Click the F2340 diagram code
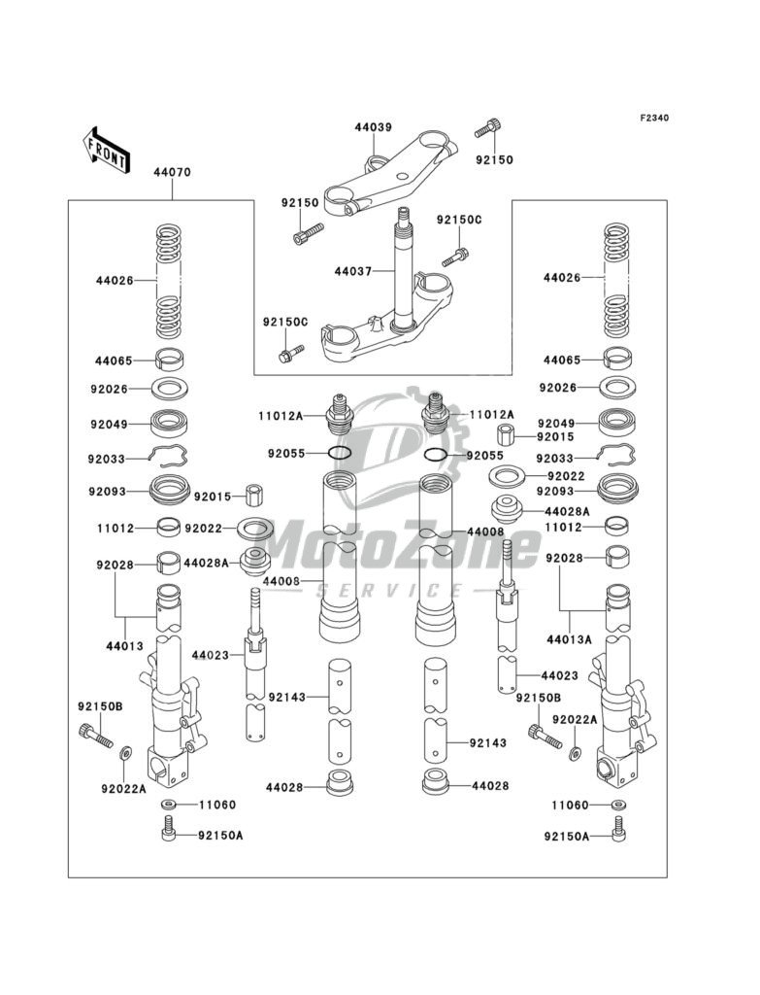tap(654, 118)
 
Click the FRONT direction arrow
tap(106, 150)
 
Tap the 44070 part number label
tap(172, 172)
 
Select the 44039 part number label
tap(373, 127)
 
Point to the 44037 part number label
tap(353, 272)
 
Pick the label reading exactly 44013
tap(125, 646)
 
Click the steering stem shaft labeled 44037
tap(403, 266)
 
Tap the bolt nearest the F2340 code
tap(488, 128)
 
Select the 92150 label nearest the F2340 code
tap(495, 160)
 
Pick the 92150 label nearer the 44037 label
tap(301, 203)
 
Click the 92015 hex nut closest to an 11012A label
tap(506, 434)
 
